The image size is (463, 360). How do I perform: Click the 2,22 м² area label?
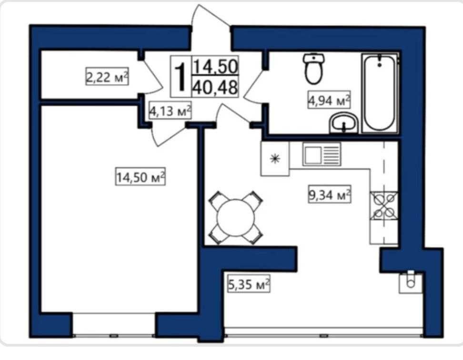[107, 76]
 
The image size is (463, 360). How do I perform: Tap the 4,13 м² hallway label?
[170, 110]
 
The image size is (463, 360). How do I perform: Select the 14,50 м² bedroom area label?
[140, 176]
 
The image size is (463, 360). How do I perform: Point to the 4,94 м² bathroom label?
[329, 100]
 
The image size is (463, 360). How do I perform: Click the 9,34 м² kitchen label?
[330, 194]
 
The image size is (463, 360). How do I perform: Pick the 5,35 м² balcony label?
[249, 284]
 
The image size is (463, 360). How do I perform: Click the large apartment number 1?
[181, 77]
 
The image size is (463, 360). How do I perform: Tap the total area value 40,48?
[215, 87]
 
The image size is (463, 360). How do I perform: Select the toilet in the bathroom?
[313, 69]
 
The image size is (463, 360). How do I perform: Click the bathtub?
[379, 93]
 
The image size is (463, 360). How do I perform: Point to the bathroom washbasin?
[344, 123]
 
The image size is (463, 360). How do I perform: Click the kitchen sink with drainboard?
[321, 154]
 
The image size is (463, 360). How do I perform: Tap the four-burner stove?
[384, 206]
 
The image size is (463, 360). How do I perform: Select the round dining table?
[236, 218]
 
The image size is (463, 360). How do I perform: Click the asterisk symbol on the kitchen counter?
[275, 159]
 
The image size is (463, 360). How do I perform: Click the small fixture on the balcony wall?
[411, 281]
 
